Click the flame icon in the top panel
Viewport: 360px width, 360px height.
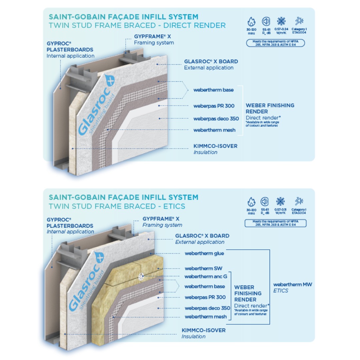click(251, 22)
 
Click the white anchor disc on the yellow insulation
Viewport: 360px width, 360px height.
click(141, 276)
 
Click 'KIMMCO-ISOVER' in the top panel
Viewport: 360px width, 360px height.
click(215, 146)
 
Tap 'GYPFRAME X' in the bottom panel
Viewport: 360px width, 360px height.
click(161, 219)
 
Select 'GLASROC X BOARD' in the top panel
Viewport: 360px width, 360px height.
click(211, 62)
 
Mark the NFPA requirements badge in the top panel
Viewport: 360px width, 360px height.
click(275, 43)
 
